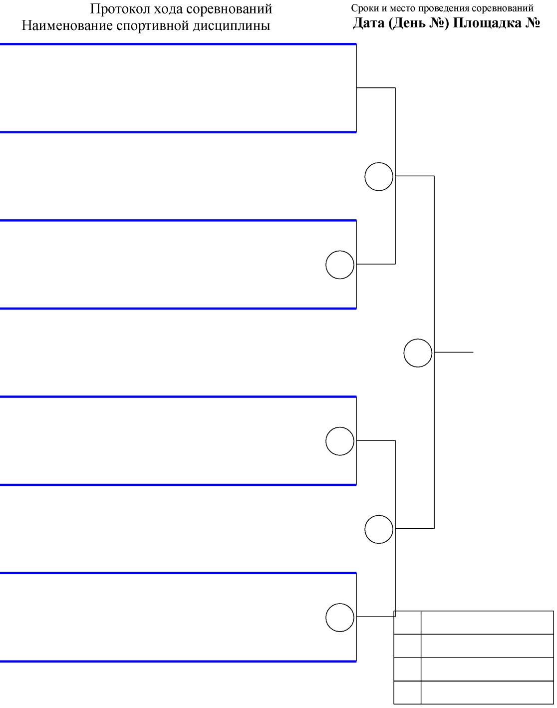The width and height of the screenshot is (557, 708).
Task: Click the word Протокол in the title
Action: pos(120,9)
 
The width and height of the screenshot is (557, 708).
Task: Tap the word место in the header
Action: pos(402,8)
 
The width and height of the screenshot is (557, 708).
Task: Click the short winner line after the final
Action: pos(454,353)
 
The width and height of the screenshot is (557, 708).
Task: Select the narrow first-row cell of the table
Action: pos(407,623)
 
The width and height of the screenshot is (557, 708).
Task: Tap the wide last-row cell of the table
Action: pos(487,693)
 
